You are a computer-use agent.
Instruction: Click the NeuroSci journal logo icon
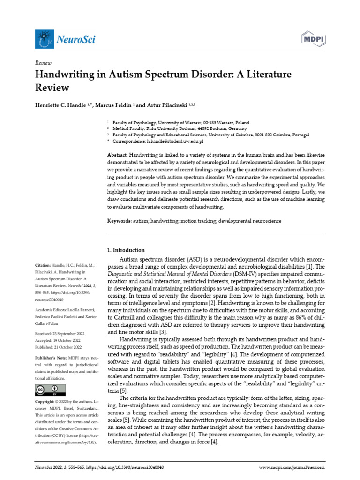[x=44, y=38]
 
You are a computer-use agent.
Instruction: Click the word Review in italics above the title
[x=43, y=63]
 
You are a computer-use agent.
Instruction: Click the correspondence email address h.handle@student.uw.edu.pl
[x=175, y=141]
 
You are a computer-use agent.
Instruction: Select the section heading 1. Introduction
[x=126, y=250]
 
